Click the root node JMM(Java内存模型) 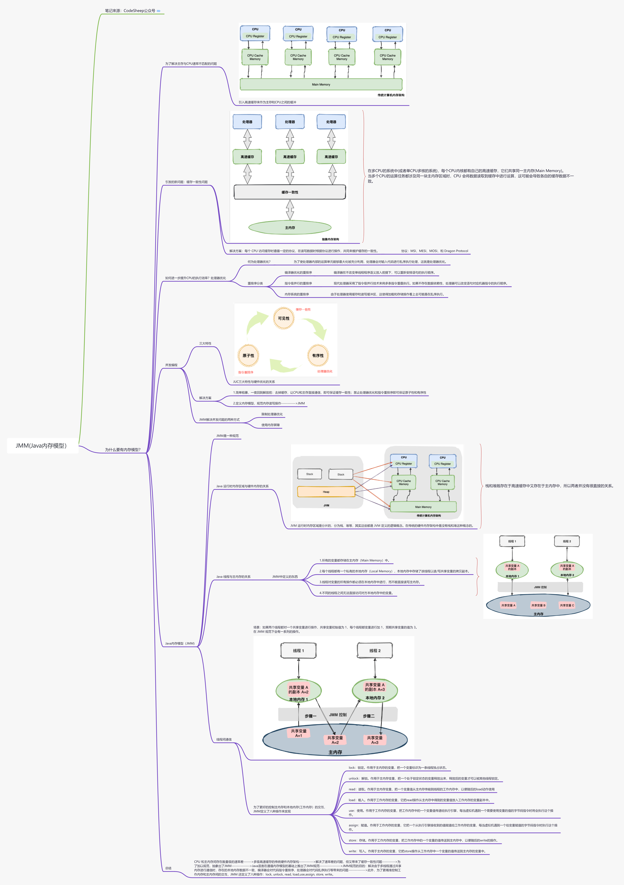(x=41, y=446)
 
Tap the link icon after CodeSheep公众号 (x=158, y=11)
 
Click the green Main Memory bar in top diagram (x=321, y=84)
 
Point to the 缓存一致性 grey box (x=290, y=192)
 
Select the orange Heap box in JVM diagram (x=326, y=492)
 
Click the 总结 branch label (x=168, y=868)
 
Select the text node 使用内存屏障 (x=270, y=425)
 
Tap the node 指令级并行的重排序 (x=298, y=283)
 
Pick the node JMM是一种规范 (x=227, y=436)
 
